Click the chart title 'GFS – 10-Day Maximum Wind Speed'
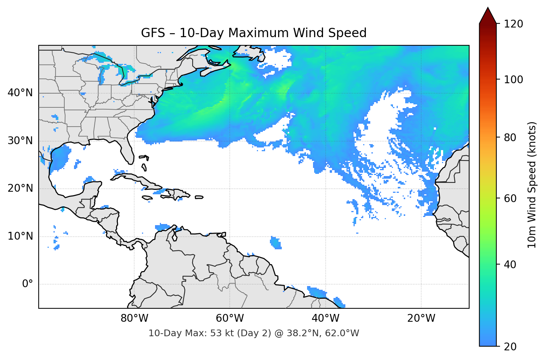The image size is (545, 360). coord(254,33)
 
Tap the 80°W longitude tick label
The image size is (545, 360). coord(134,318)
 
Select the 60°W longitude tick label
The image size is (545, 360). coord(230,318)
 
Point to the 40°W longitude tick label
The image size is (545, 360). coord(326,318)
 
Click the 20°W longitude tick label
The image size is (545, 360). coord(421,318)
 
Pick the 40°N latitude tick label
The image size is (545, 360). coord(20,93)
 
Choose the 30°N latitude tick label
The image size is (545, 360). coord(20,141)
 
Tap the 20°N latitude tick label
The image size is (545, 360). coord(20,189)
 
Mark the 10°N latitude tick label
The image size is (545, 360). coord(20,236)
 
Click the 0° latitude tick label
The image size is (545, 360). coord(27,284)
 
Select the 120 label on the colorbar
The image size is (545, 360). coord(514,24)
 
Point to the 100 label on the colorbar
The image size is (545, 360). coord(514,80)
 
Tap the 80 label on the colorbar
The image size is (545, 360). coord(512,137)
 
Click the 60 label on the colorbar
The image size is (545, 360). coord(512,198)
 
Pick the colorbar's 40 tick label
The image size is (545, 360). coord(512,265)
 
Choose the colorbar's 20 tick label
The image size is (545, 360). coord(512,347)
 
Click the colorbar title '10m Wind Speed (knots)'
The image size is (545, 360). coord(532,185)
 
